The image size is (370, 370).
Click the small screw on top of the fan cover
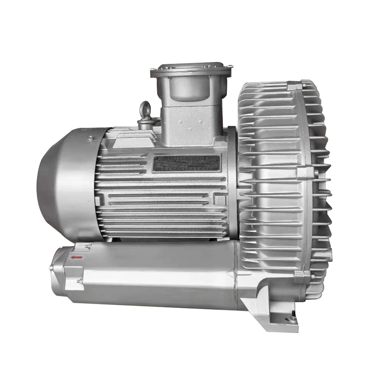tap(90, 139)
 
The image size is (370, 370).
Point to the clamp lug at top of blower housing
tap(304, 83)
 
